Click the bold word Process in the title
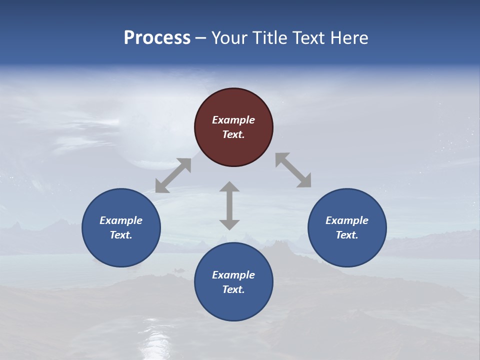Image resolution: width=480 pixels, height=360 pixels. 157,38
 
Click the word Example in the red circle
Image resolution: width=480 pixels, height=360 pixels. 233,120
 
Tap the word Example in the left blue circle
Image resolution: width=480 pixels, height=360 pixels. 121,220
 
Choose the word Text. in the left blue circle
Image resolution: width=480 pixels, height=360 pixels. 121,235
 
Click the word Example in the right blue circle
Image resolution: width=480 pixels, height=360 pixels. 347,220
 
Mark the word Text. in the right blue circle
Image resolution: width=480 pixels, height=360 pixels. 347,235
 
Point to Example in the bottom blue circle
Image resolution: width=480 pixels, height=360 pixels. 233,275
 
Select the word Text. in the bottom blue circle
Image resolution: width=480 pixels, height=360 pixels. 233,289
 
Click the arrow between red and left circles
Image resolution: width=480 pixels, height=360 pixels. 173,175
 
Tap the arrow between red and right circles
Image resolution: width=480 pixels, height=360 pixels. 293,170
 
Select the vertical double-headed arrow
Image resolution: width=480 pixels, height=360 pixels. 229,205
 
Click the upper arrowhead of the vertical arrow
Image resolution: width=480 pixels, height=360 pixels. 229,186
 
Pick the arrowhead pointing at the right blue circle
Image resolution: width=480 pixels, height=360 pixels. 304,181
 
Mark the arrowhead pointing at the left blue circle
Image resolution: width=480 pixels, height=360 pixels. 162,186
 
